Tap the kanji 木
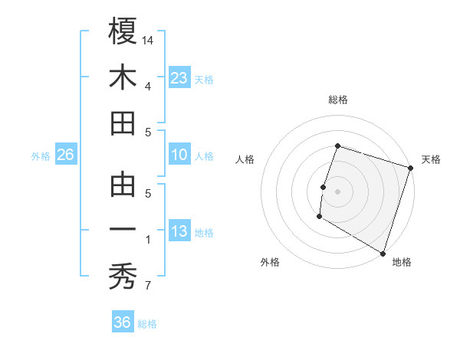click(123, 77)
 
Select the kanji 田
click(123, 123)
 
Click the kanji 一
click(123, 231)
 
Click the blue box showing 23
click(179, 78)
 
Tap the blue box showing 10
click(179, 155)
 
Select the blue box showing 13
click(179, 232)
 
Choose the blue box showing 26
click(66, 155)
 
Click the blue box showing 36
click(123, 322)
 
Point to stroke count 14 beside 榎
click(149, 39)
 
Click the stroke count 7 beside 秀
click(148, 286)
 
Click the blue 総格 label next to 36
click(147, 324)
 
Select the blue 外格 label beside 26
click(41, 156)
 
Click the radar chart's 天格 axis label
click(431, 159)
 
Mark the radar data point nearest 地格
click(383, 252)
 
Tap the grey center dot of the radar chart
click(337, 191)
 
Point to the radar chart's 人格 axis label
click(245, 159)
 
